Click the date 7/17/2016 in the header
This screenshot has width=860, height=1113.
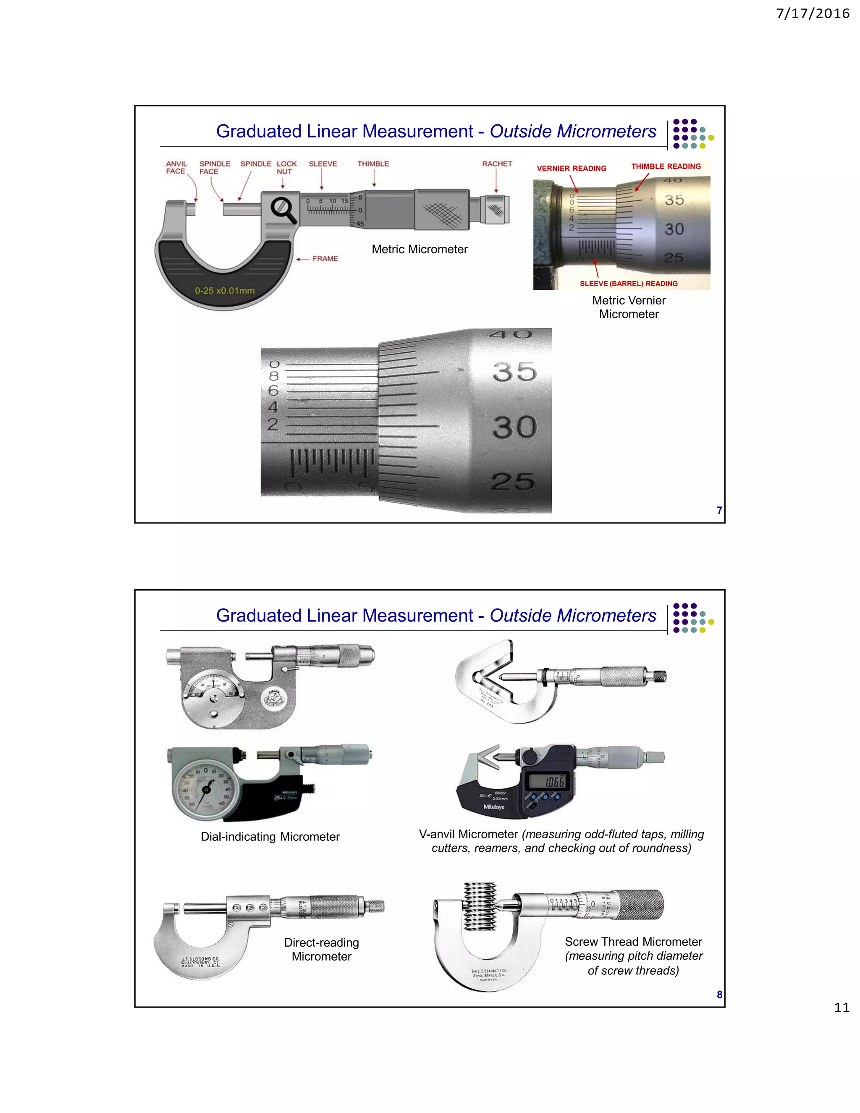click(812, 13)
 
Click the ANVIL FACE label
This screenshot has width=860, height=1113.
click(176, 168)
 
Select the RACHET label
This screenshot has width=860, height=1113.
click(497, 163)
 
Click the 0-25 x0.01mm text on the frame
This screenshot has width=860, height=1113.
click(224, 291)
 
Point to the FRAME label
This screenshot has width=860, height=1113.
click(325, 258)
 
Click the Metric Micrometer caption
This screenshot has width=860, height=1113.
click(420, 249)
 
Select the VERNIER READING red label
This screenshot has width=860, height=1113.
click(571, 168)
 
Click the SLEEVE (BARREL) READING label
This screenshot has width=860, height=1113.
click(628, 283)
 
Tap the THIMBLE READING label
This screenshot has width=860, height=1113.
click(666, 166)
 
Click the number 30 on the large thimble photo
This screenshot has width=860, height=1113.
click(514, 427)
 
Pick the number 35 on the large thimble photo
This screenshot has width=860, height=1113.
click(514, 372)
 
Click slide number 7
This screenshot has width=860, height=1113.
click(719, 510)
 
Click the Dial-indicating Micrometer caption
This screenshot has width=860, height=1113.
click(270, 837)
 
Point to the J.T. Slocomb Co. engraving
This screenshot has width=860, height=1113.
click(201, 962)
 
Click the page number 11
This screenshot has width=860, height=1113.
click(841, 1008)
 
